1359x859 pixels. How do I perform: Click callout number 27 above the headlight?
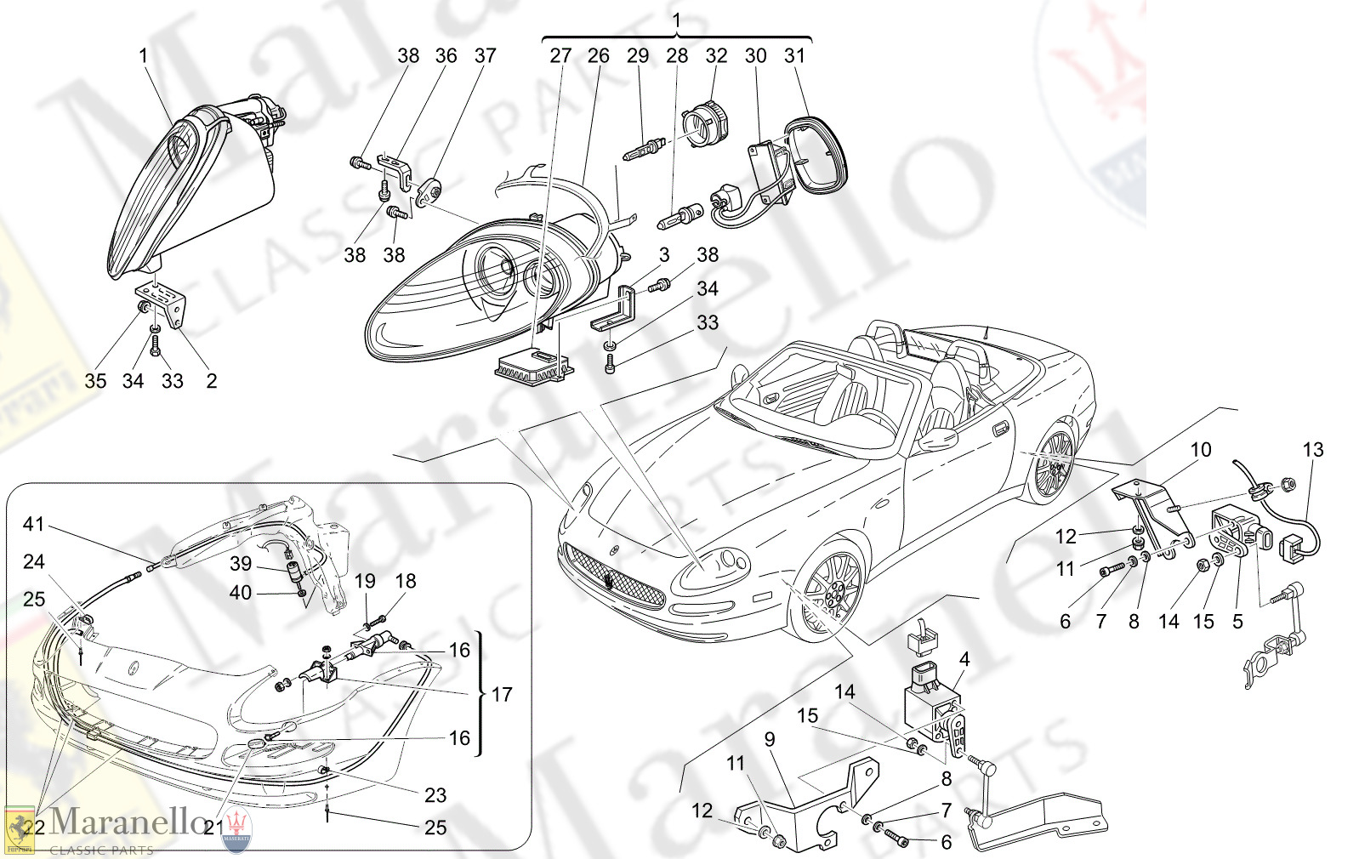(560, 56)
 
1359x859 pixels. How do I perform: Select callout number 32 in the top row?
(716, 56)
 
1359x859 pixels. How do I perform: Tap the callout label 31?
(794, 56)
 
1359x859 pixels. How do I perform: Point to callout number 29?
(638, 56)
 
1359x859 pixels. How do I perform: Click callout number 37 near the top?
(485, 56)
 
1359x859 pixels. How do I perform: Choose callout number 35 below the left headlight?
(95, 381)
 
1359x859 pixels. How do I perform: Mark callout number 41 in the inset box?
(33, 525)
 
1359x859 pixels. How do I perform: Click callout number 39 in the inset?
(241, 564)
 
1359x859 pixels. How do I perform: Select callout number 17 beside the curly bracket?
(502, 695)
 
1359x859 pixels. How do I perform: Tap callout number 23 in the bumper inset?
(435, 795)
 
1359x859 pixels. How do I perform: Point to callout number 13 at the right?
(1313, 450)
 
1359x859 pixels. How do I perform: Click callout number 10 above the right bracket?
(1200, 450)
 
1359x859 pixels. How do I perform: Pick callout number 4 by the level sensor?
(964, 659)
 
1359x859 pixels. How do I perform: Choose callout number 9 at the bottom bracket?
(770, 740)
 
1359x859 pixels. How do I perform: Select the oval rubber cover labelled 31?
(819, 155)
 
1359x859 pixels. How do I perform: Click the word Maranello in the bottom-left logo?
(128, 822)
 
